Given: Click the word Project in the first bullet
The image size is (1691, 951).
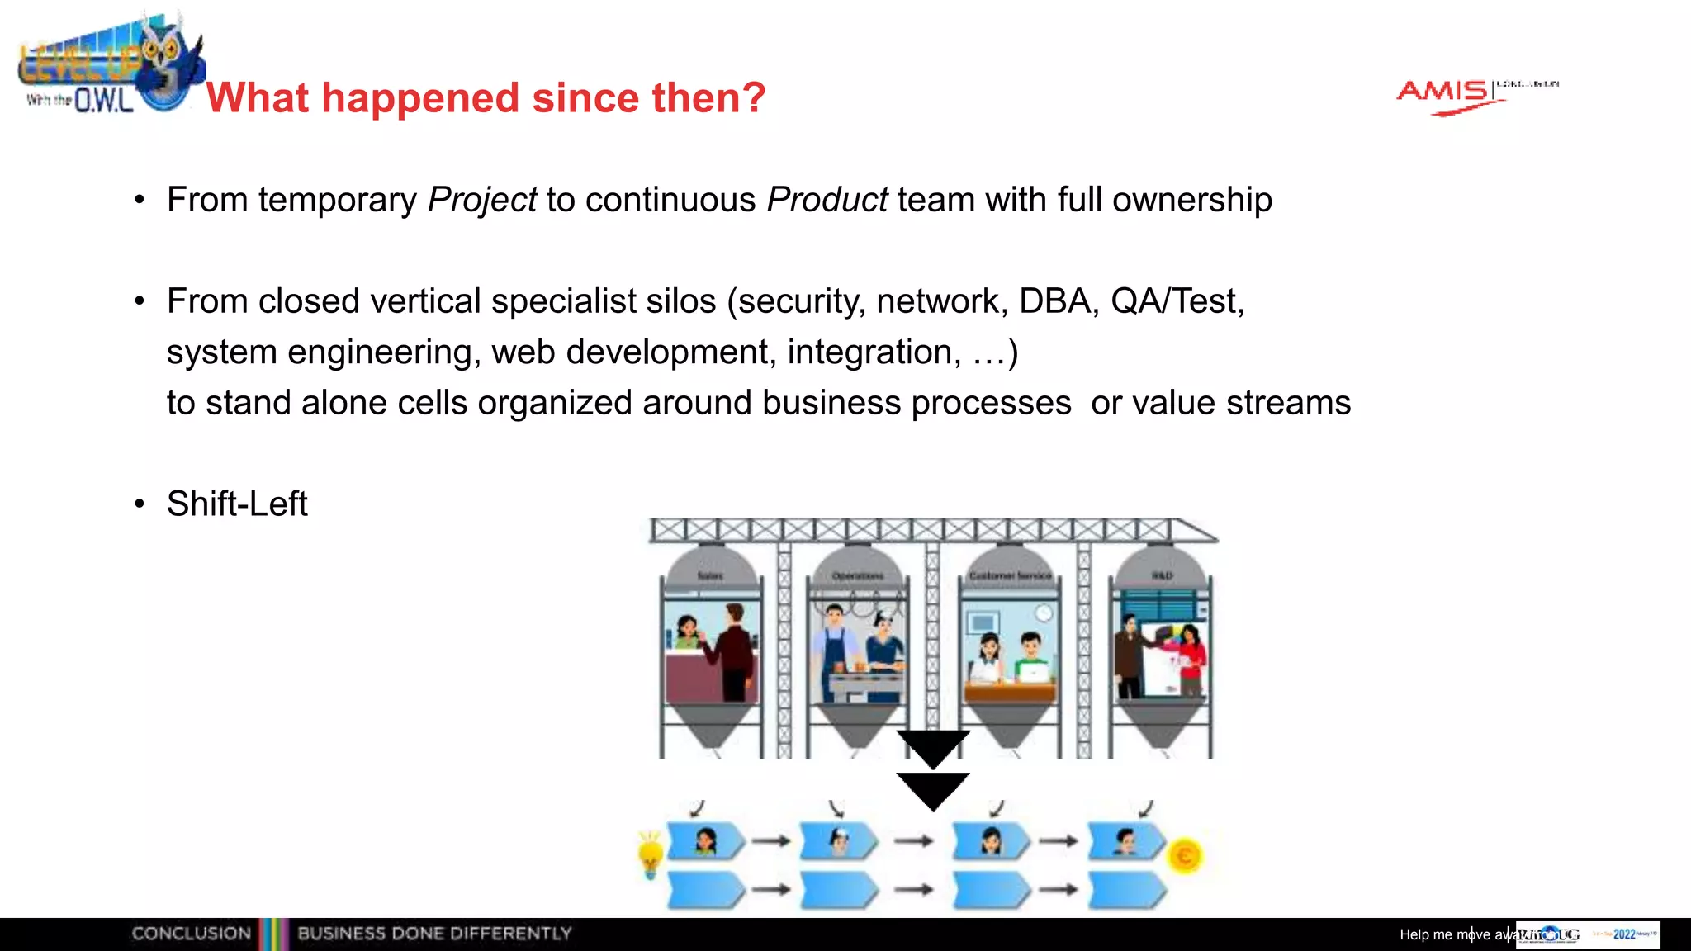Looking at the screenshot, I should (x=482, y=201).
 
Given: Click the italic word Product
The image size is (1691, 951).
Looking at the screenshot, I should (x=827, y=201).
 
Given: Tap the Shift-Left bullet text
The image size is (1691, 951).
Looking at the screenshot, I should (x=237, y=504).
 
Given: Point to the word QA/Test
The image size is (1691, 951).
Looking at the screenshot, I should (x=1176, y=301).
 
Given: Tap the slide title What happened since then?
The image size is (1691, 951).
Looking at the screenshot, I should (x=486, y=97).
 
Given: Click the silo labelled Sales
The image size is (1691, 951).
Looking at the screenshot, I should (x=711, y=644).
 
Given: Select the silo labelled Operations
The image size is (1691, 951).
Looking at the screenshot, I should (x=859, y=644).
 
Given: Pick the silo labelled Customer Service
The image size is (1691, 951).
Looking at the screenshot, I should (x=1010, y=644).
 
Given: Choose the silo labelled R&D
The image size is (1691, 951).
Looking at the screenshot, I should (x=1161, y=644).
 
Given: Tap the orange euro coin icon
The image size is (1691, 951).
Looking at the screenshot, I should (x=1185, y=856).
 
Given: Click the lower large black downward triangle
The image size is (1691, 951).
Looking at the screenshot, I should (x=933, y=788).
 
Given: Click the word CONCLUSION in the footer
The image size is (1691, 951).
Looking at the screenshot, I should (x=192, y=934).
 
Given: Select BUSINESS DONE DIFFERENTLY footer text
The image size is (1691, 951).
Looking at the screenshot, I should (x=434, y=934).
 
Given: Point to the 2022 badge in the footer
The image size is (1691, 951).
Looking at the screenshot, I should (x=1624, y=934).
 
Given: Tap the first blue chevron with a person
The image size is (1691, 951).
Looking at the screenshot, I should (x=705, y=842).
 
